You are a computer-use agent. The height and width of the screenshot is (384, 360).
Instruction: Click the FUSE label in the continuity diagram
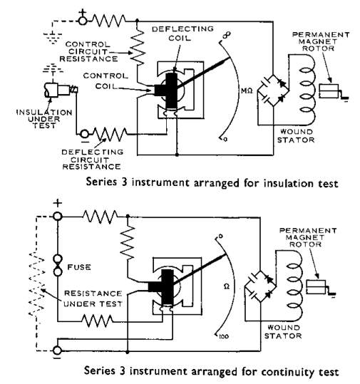coord(79,266)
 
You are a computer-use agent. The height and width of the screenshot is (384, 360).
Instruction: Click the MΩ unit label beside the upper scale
coord(247,91)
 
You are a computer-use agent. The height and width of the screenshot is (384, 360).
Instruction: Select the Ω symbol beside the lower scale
coord(227,286)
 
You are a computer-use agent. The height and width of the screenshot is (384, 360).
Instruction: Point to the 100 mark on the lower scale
coord(224,336)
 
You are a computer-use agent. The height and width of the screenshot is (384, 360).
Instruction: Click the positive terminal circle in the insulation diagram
coord(83,21)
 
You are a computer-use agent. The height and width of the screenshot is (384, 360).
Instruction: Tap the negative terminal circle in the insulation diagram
coord(85,134)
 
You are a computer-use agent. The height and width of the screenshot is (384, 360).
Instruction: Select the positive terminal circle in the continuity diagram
coord(58,217)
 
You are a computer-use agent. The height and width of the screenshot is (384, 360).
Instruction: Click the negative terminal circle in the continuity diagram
coord(57,351)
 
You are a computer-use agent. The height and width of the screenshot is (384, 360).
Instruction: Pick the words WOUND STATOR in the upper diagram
coord(296,136)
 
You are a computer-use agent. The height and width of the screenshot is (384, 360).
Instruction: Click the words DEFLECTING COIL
coord(182,33)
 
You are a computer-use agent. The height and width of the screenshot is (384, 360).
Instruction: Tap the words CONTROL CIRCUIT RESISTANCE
coord(88,52)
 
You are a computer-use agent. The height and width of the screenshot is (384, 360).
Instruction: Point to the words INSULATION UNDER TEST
coord(44,119)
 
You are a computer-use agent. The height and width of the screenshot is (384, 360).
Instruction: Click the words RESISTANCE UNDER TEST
coord(93,299)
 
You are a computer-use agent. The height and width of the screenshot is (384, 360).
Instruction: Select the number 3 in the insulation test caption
coord(124,182)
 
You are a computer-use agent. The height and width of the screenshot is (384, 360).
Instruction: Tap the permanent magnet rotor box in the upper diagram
coord(329,91)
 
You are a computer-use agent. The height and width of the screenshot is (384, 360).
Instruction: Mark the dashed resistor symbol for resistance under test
coord(37,284)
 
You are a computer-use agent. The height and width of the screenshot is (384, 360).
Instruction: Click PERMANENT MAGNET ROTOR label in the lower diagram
coord(308,237)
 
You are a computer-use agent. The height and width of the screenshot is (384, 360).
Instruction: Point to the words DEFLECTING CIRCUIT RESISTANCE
coord(92,160)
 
